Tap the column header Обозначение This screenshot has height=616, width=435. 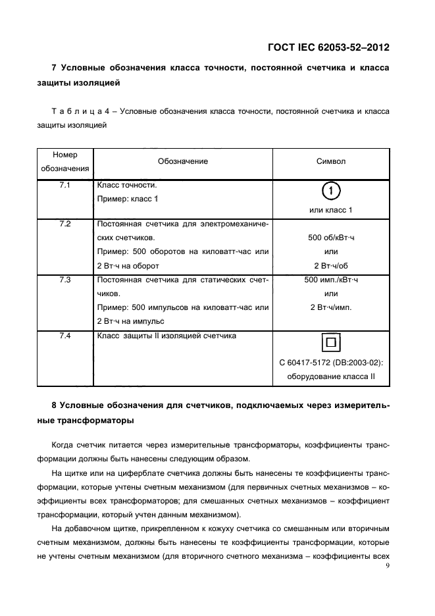pyautogui.click(x=182, y=161)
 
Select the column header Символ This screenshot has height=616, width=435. pyautogui.click(x=330, y=161)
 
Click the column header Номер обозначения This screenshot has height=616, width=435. pyautogui.click(x=64, y=161)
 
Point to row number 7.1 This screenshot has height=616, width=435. pyautogui.click(x=64, y=186)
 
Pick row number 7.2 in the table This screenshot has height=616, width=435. pyautogui.click(x=64, y=224)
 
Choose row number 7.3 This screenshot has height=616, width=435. pyautogui.click(x=64, y=280)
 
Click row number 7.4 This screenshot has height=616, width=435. pyautogui.click(x=64, y=336)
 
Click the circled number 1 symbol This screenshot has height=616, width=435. pyautogui.click(x=330, y=192)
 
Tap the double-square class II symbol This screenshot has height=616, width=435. pyautogui.click(x=330, y=344)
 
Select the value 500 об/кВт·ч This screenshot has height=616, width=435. pyautogui.click(x=330, y=238)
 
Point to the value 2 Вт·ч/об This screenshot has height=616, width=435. pyautogui.click(x=330, y=265)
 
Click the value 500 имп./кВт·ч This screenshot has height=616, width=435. pyautogui.click(x=330, y=280)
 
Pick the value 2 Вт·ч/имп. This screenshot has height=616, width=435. pyautogui.click(x=330, y=307)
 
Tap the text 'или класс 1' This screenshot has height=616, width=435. pyautogui.click(x=330, y=210)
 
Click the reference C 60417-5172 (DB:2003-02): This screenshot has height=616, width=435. pyautogui.click(x=330, y=363)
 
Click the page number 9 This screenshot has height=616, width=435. pyautogui.click(x=388, y=565)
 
